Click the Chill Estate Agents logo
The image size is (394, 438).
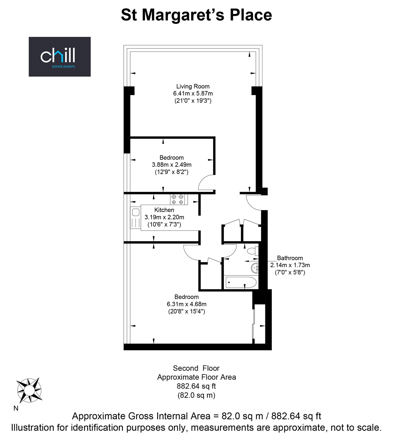60,57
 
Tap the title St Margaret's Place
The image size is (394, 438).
196,15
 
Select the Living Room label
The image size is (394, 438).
193,86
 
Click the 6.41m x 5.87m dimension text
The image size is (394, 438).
193,93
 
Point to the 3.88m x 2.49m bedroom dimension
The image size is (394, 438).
172,165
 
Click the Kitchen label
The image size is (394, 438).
164,210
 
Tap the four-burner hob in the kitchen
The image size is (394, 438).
179,199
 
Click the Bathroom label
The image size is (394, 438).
290,258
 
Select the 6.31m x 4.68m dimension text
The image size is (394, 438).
187,304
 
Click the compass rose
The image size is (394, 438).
29,390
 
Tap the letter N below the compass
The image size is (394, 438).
16,408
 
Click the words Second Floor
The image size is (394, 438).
196,368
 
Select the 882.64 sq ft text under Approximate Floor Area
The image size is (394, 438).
196,386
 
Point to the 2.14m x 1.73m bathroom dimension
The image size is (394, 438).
290,265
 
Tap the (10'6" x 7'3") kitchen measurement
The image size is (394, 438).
164,224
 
